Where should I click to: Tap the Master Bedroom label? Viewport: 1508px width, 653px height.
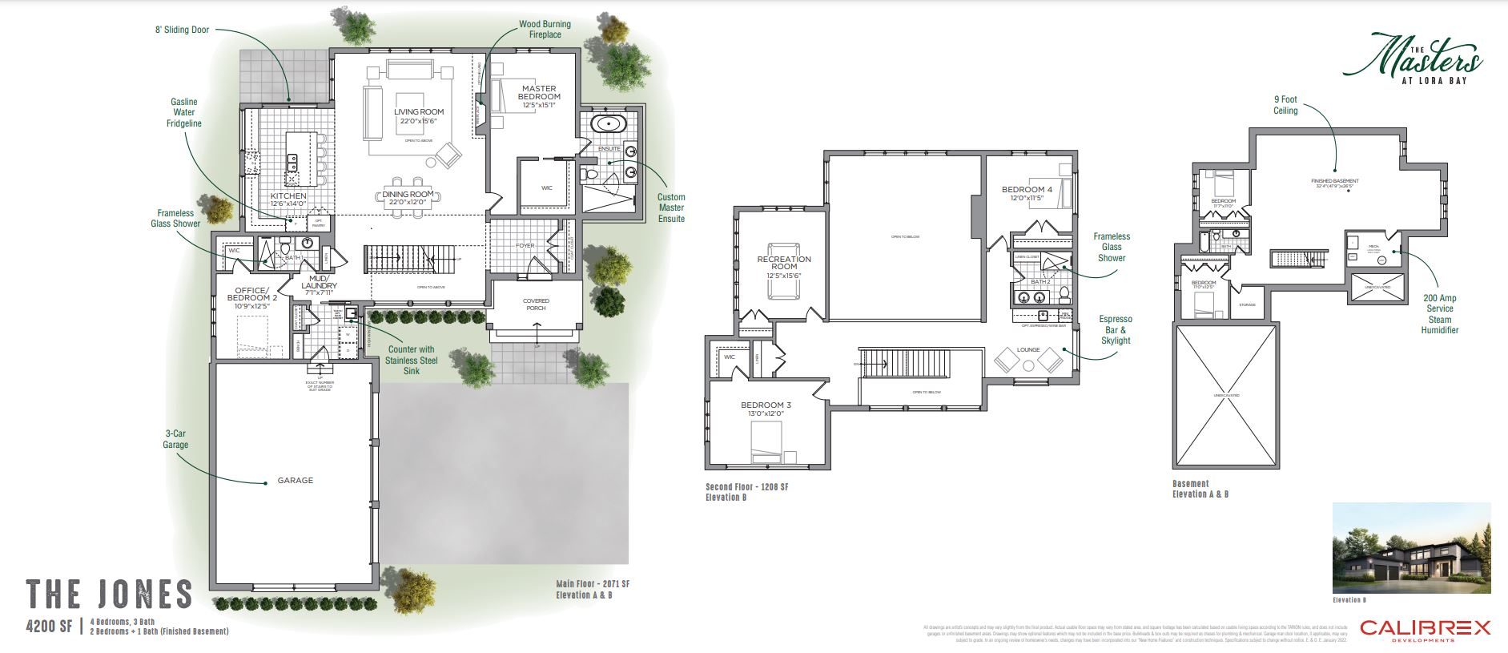(539, 93)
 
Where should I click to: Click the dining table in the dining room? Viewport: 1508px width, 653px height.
(408, 194)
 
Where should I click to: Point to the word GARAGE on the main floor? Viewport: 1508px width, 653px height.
(296, 481)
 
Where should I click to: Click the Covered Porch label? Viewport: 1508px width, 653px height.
(536, 304)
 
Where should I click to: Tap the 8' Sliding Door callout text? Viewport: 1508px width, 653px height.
(182, 30)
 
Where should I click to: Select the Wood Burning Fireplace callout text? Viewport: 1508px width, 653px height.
(545, 30)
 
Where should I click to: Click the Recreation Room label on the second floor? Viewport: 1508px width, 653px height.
(784, 263)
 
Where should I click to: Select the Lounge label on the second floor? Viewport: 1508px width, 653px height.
(1028, 350)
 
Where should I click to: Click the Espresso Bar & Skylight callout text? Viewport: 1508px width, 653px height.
(1116, 329)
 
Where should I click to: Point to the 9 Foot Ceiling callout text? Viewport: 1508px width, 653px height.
(1285, 105)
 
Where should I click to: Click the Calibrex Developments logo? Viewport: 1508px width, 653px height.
(1425, 630)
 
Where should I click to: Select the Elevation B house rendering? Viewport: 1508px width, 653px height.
(1411, 549)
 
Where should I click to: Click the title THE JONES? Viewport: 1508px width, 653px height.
(110, 595)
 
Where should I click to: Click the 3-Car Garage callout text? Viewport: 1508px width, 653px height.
(175, 439)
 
